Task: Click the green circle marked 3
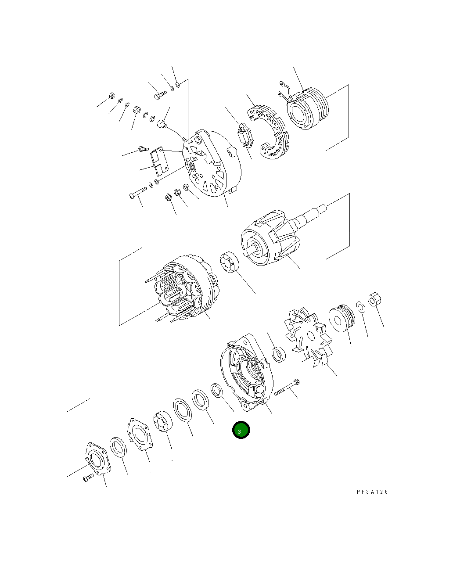241,431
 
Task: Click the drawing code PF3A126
372,492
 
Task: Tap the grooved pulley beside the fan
342,318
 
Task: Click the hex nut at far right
374,300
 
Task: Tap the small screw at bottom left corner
88,478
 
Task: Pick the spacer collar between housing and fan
278,355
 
